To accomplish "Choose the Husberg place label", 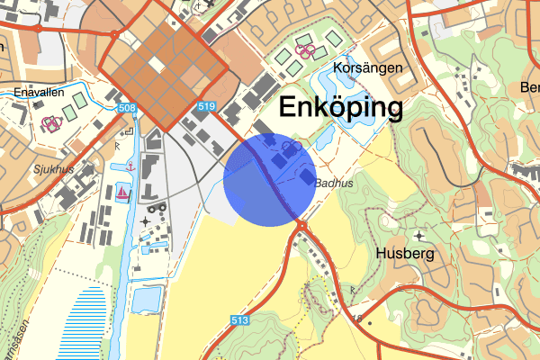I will tap(405, 254).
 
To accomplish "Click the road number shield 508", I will tap(128, 109).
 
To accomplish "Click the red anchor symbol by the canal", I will tap(131, 166).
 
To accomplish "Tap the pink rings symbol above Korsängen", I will tap(305, 51).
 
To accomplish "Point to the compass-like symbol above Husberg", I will tap(418, 236).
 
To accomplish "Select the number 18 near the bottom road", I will tap(356, 317).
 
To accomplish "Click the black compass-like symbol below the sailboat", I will tap(146, 221).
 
